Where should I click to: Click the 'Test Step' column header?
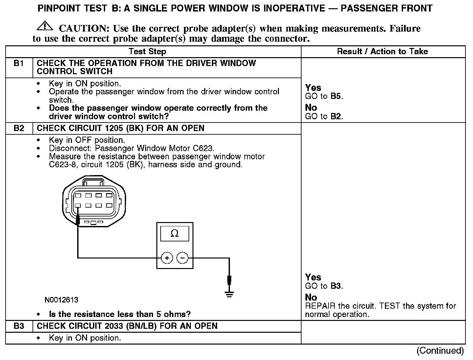[147, 52]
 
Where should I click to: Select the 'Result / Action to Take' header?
[383, 52]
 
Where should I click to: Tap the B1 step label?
[19, 63]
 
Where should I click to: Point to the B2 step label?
[19, 128]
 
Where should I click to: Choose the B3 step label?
[19, 326]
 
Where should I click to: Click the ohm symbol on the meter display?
[175, 234]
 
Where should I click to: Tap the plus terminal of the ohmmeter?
[167, 258]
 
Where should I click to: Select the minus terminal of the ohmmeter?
[183, 258]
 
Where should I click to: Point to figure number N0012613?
[62, 300]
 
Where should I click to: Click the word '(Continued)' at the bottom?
[440, 351]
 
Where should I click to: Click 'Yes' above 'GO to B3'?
[313, 277]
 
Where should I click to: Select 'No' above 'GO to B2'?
[311, 108]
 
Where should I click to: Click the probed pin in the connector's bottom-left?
[78, 206]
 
